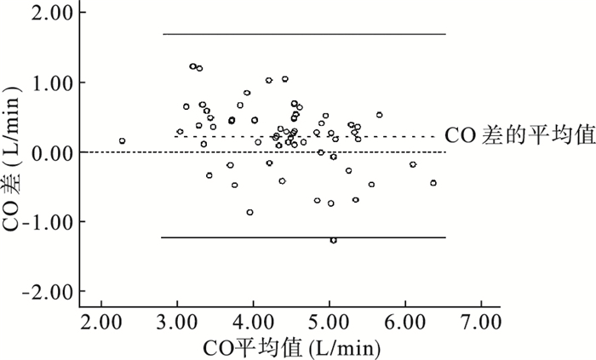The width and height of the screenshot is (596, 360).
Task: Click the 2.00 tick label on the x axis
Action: [x=101, y=324]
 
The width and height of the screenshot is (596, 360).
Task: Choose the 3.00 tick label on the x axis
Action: [x=177, y=324]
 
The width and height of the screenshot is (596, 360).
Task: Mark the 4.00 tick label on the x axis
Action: [x=253, y=324]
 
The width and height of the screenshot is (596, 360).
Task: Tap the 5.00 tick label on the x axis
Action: [x=329, y=324]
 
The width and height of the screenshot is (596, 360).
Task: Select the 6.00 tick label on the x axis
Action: [x=404, y=324]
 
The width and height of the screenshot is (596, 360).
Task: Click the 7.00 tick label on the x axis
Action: [x=480, y=324]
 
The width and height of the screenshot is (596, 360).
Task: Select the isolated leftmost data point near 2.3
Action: [x=122, y=140]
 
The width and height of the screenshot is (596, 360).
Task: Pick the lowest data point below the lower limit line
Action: [x=333, y=240]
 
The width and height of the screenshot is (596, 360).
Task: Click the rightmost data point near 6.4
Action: [x=433, y=183]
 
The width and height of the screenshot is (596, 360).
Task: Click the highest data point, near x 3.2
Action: [x=192, y=66]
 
